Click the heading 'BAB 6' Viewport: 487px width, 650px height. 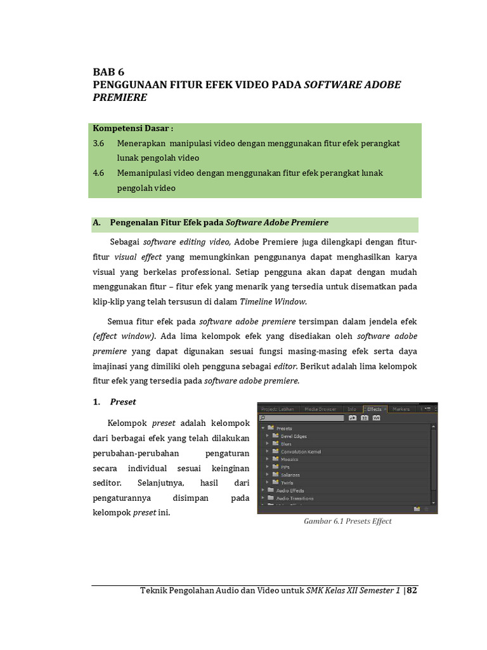coord(108,72)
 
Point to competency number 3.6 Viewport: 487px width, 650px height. coord(98,143)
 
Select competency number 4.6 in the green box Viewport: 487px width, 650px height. coord(98,173)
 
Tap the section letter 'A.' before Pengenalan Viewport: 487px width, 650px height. coord(97,223)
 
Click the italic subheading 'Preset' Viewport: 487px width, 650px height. coord(123,402)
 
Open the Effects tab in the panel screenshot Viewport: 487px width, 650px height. coord(374,409)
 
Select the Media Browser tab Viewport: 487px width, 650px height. coord(321,409)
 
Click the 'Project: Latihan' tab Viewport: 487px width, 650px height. coord(278,409)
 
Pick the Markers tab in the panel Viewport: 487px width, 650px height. coord(401,409)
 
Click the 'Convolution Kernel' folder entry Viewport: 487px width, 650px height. coord(301,451)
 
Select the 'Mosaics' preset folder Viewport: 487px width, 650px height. coord(290,459)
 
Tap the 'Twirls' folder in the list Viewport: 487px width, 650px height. coord(287,482)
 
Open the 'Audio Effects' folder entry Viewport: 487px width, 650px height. coord(290,490)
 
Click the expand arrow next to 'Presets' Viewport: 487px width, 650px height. coord(262,428)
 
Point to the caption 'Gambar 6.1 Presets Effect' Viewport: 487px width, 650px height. coord(348,521)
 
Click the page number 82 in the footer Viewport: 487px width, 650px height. coord(412,590)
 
